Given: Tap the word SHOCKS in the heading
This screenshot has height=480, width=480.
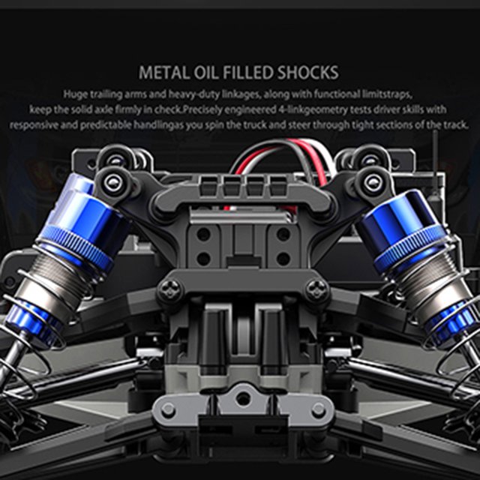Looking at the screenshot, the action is click(x=308, y=73).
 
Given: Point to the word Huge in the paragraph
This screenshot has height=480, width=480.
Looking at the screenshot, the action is click(x=75, y=94).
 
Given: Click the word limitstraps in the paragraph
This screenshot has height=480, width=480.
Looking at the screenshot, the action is click(x=387, y=94).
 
